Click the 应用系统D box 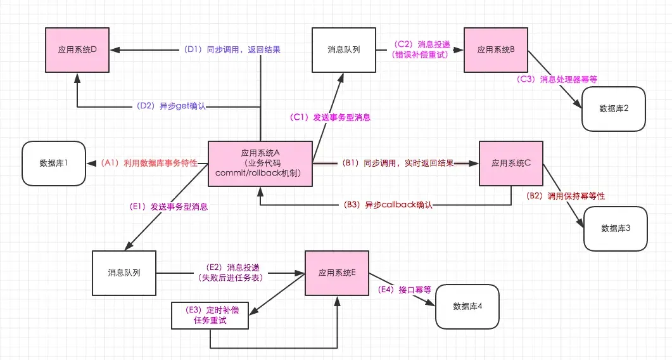77,49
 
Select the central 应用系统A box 260,164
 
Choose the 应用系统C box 511,164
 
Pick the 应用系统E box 337,273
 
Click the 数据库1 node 53,164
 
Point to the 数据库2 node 614,108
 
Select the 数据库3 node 615,228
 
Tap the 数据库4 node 467,306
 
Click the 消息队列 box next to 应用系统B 343,49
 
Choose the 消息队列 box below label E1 124,273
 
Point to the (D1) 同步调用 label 232,49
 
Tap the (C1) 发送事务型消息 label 329,117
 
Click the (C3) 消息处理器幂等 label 557,79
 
